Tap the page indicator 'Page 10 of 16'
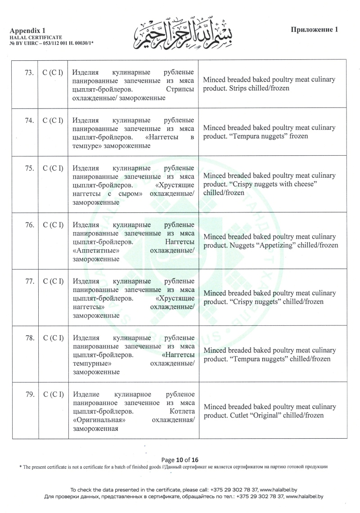tap(180, 459)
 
